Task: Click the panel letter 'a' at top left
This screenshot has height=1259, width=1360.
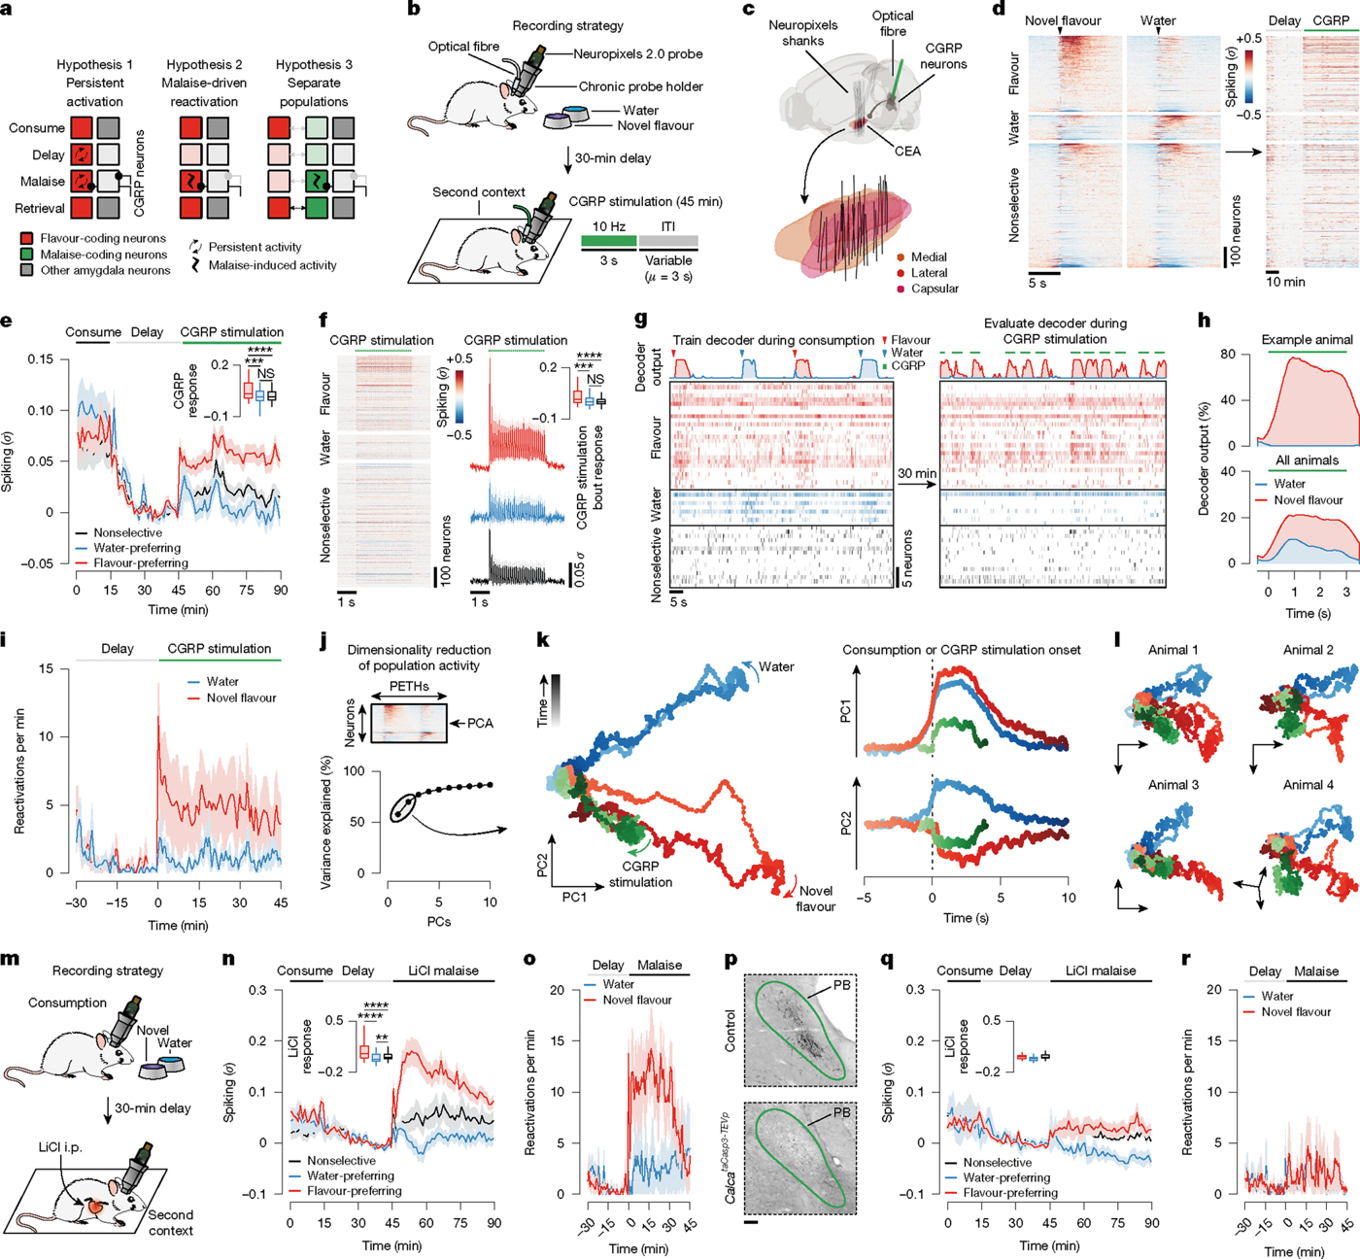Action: (x=8, y=11)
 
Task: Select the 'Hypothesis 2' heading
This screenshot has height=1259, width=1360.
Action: (x=204, y=64)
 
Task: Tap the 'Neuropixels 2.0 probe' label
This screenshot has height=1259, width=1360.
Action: (x=638, y=54)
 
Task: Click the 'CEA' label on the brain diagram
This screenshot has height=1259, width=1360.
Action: (x=907, y=151)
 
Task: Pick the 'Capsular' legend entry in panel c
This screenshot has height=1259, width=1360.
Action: (x=935, y=289)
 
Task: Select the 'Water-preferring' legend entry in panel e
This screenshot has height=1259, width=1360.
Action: (x=137, y=548)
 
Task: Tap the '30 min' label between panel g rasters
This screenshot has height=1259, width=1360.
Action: (x=917, y=473)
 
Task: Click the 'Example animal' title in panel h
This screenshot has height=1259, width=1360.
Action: (x=1308, y=340)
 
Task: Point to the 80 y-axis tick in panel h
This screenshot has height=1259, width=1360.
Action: (x=1228, y=355)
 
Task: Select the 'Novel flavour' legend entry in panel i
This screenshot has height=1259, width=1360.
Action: (x=241, y=698)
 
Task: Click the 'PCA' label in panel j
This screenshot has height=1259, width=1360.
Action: (x=480, y=724)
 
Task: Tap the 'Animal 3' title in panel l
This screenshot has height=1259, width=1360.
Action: (x=1173, y=785)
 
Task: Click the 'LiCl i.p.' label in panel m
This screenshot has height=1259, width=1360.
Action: (x=60, y=1146)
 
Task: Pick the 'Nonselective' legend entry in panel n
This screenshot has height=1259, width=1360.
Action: (x=341, y=1160)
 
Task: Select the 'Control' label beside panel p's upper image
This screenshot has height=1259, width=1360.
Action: (x=730, y=1030)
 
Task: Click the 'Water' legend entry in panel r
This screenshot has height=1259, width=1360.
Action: (x=1277, y=996)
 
